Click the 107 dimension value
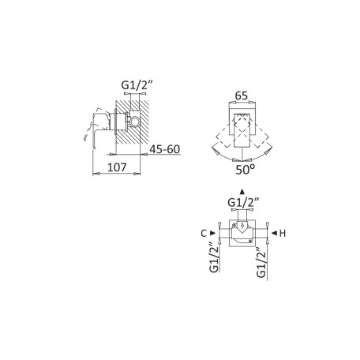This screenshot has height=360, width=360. (x=117, y=167)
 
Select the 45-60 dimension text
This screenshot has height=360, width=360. (x=165, y=149)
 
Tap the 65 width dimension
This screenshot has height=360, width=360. (x=242, y=96)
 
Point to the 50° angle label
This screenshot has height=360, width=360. (x=245, y=170)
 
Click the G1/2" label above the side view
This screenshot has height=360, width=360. (x=137, y=84)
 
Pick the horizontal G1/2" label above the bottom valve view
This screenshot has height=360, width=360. (x=243, y=203)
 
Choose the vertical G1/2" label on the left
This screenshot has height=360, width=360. (x=214, y=257)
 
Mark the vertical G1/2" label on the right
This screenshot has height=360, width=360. (x=261, y=262)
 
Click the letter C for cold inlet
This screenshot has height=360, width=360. (x=204, y=233)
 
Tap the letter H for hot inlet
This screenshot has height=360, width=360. (x=283, y=233)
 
